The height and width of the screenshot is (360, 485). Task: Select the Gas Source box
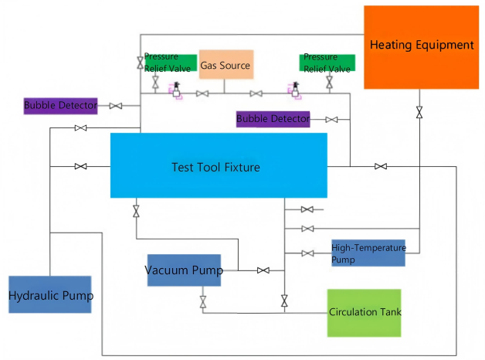pyautogui.click(x=226, y=65)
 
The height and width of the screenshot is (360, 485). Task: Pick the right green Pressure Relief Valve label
pyautogui.click(x=327, y=63)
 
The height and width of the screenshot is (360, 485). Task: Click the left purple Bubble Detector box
pyautogui.click(x=60, y=105)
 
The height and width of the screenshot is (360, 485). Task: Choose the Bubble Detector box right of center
pyautogui.click(x=273, y=119)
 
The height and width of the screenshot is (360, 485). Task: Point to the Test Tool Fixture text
pyautogui.click(x=215, y=166)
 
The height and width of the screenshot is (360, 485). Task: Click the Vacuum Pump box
pyautogui.click(x=184, y=270)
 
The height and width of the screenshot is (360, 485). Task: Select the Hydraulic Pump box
pyautogui.click(x=50, y=294)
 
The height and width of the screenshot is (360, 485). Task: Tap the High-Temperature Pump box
pyautogui.click(x=368, y=253)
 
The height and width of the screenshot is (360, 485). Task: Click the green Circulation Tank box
pyautogui.click(x=365, y=312)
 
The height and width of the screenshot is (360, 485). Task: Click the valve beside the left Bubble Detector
pyautogui.click(x=116, y=106)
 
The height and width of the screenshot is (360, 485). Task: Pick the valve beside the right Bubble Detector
pyautogui.click(x=331, y=120)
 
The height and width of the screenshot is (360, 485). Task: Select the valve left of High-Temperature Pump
pyautogui.click(x=307, y=253)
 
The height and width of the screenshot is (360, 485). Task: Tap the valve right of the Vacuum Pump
pyautogui.click(x=263, y=270)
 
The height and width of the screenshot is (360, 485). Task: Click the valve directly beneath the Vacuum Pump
pyautogui.click(x=203, y=301)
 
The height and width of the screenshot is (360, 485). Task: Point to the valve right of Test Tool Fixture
pyautogui.click(x=381, y=166)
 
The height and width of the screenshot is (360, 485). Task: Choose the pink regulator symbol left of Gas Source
pyautogui.click(x=176, y=91)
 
